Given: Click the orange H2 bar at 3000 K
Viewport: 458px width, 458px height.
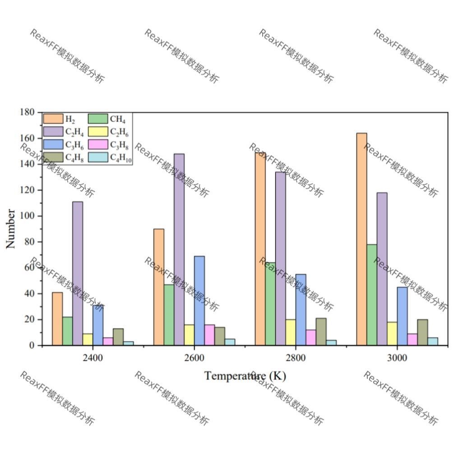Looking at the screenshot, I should (x=361, y=239).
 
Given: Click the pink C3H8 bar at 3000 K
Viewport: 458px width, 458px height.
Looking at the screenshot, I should (x=412, y=339).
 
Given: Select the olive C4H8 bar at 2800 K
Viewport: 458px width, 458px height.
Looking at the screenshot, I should (x=321, y=332).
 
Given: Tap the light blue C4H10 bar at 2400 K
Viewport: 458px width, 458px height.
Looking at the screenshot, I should (x=129, y=343).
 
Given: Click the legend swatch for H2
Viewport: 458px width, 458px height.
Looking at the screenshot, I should (x=53, y=119).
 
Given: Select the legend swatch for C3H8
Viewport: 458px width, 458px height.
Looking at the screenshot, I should (x=98, y=144).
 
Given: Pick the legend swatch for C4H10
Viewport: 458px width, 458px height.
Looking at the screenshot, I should (x=98, y=157).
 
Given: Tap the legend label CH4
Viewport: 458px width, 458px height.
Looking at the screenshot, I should (x=118, y=119).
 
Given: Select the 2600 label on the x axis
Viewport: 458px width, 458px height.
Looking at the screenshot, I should (x=194, y=358).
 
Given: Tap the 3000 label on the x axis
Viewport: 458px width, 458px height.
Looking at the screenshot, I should (x=397, y=358).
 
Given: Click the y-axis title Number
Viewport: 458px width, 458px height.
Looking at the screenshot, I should (x=10, y=229).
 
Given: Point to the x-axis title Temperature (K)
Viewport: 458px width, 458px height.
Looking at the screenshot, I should (x=245, y=375).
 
